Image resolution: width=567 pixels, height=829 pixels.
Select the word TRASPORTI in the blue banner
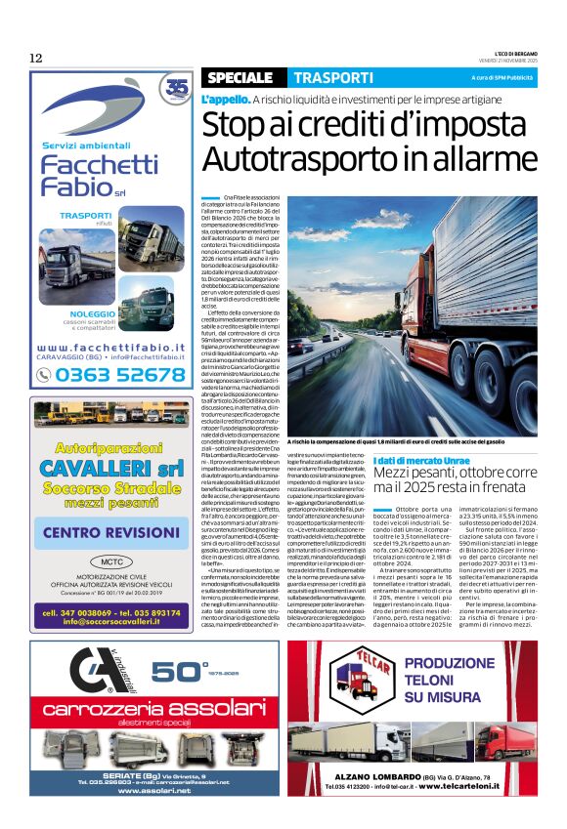tap(333, 77)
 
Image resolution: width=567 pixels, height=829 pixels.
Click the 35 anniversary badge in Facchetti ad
tap(177, 89)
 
